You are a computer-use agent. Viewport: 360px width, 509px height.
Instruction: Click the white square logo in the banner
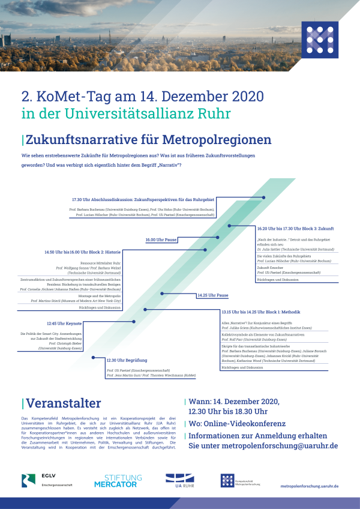coord(319,37)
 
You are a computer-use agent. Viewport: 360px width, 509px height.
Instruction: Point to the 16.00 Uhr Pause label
coord(161,239)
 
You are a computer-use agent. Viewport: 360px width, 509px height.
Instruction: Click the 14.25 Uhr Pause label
coord(213,295)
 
